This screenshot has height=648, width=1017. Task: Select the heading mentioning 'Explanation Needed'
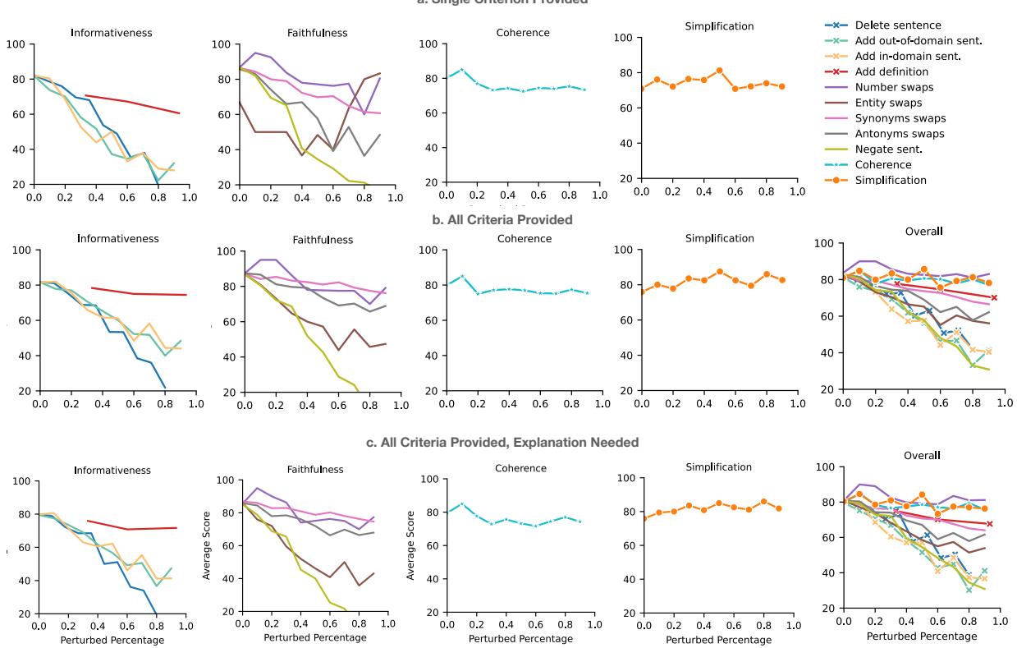coord(502,443)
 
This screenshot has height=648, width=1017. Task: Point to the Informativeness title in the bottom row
coord(112,471)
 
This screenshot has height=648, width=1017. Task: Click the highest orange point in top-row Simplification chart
coord(718,71)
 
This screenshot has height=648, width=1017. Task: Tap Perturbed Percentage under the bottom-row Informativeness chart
coord(112,640)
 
